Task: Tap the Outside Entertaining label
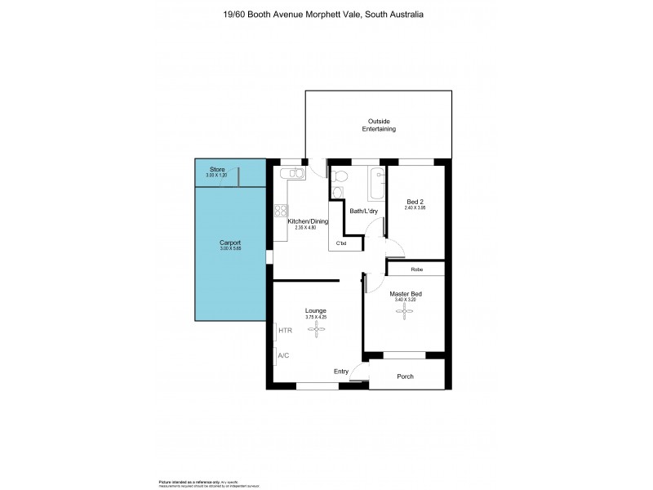379,125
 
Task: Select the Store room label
217,170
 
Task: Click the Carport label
230,243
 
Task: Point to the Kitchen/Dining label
307,221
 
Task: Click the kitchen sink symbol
291,173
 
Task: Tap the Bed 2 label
415,202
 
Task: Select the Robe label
415,269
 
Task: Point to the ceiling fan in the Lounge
315,329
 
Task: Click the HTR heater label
285,331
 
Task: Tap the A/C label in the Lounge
284,356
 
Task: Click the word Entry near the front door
341,372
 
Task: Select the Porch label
406,376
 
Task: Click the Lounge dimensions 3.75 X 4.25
315,317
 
